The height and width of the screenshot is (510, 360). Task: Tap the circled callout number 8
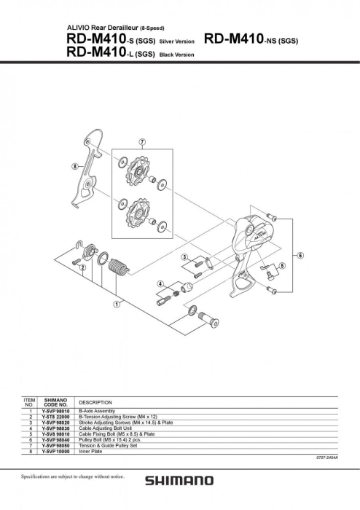tap(74, 166)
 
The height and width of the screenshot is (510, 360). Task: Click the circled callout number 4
tap(158, 283)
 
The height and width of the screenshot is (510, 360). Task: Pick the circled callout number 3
tap(185, 256)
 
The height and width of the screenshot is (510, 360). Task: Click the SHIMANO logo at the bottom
tap(179, 481)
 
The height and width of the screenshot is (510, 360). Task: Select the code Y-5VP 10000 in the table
tap(56, 451)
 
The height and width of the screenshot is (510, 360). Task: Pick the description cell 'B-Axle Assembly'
tap(98, 412)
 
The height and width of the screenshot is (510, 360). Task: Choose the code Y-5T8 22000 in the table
tap(56, 417)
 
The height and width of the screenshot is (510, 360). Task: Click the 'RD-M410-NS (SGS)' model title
tap(251, 39)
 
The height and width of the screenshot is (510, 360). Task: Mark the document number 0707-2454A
tap(326, 458)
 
